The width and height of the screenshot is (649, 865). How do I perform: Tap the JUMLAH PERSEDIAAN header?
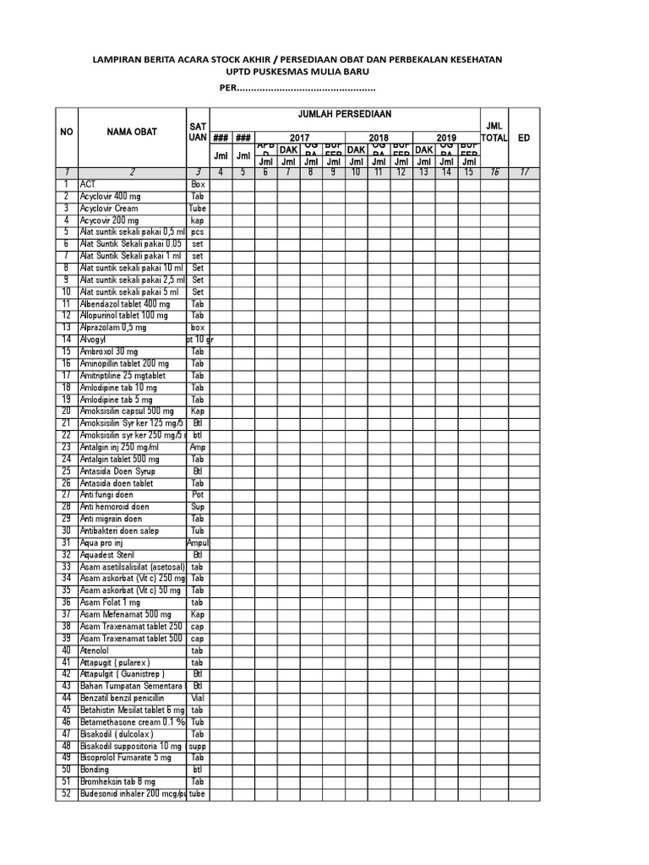[x=344, y=114]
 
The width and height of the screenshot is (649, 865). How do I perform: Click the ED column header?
[x=524, y=138]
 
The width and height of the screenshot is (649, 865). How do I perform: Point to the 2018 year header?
[x=379, y=138]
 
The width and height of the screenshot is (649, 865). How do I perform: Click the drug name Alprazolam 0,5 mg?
[x=112, y=327]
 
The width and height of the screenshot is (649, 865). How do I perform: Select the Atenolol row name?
[x=94, y=650]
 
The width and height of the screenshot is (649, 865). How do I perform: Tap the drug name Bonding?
[x=94, y=770]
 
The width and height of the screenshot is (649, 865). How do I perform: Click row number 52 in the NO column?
[x=66, y=794]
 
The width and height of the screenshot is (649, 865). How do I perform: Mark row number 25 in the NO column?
[x=66, y=471]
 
